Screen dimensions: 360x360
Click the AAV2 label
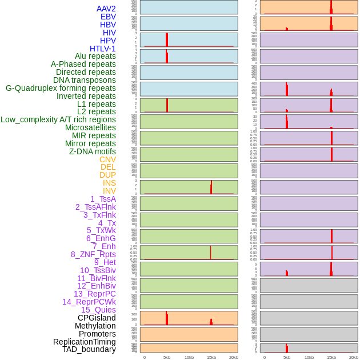pos(106,9)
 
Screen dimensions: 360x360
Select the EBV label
pos(108,17)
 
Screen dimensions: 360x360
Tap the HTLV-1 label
pos(102,49)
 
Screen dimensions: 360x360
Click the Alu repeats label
pos(95,57)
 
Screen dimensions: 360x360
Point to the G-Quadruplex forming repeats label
pos(61,88)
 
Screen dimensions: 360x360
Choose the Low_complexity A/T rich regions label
pos(58,119)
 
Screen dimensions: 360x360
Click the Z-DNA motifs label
pos(92,151)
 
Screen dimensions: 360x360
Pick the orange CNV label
pos(107,159)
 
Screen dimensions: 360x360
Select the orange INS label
pos(109,183)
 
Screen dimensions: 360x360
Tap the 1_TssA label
pos(103,199)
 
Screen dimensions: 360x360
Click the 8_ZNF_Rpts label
pos(93,254)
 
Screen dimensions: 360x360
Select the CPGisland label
pos(97,318)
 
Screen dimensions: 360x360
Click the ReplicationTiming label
pos(84,342)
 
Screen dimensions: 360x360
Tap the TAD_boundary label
pos(89,349)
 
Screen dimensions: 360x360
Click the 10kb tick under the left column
pos(189,357)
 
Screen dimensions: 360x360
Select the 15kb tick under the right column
pos(331,357)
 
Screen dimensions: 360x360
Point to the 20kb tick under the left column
pos(233,357)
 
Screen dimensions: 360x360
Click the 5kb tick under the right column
pos(286,357)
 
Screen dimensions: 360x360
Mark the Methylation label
pos(95,326)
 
